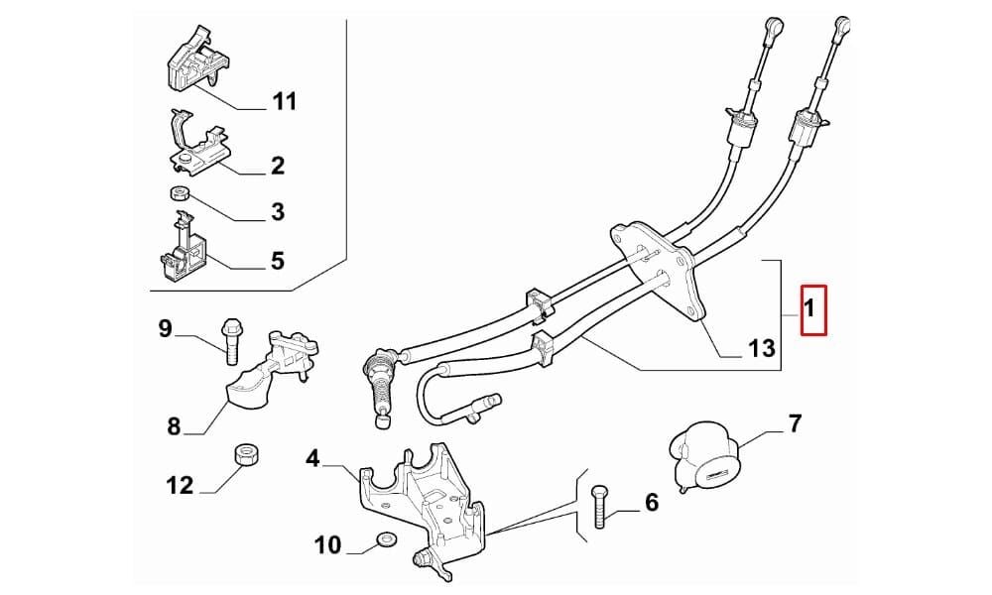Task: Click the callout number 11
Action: click(284, 102)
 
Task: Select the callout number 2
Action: click(277, 166)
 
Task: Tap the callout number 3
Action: click(277, 211)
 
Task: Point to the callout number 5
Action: click(277, 262)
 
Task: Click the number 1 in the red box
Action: click(810, 309)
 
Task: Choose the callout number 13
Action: click(762, 348)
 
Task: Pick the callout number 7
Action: click(794, 424)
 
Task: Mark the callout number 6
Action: click(651, 503)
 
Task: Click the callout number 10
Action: click(327, 544)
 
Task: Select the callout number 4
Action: click(313, 458)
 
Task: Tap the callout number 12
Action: click(180, 486)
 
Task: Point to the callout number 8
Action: click(175, 427)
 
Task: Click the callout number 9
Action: click(165, 327)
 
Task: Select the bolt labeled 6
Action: click(597, 508)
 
